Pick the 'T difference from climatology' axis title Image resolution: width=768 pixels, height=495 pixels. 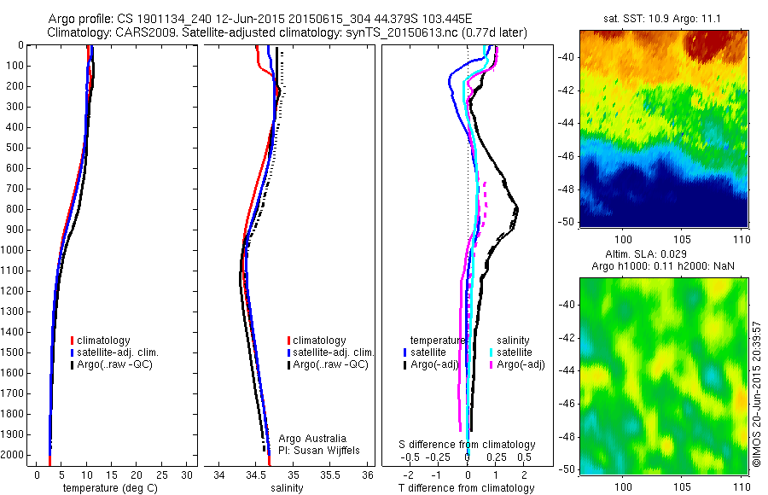[x=468, y=488]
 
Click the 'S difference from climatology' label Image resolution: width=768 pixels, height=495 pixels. [x=468, y=445]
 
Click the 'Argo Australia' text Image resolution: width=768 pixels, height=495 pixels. [x=313, y=437]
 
